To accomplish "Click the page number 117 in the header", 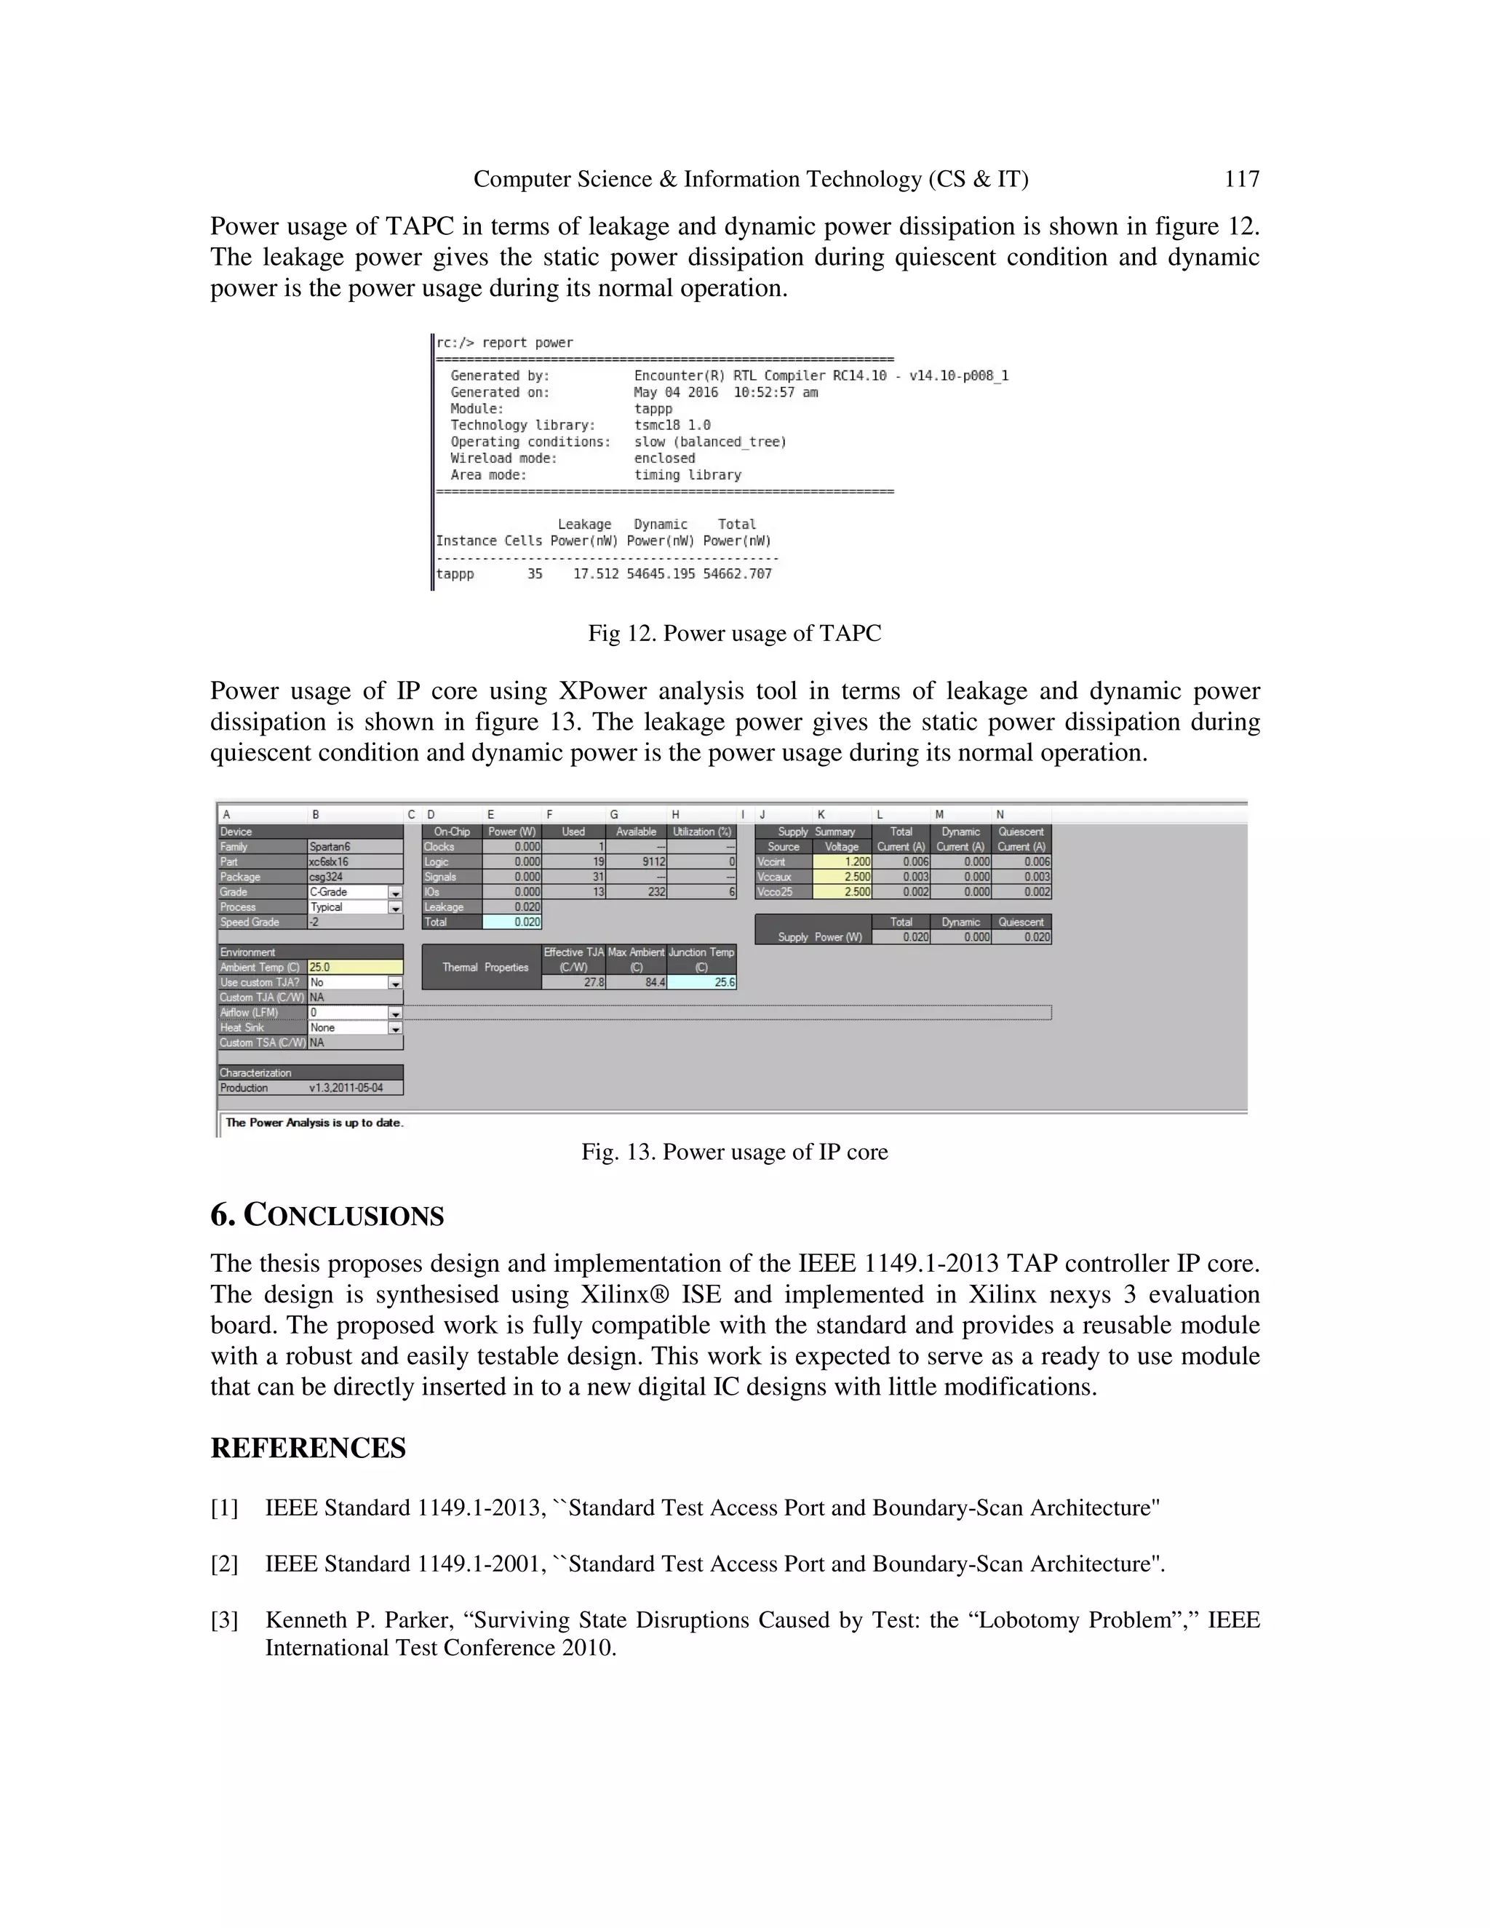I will click(x=1241, y=179).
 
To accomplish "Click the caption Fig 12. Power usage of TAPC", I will click(x=734, y=633).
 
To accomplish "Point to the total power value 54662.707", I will click(x=737, y=574).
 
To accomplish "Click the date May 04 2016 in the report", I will click(x=675, y=392).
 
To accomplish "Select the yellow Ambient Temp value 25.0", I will click(x=354, y=968).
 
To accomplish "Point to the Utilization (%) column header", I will click(x=703, y=832).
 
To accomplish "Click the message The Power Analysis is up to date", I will click(x=314, y=1123).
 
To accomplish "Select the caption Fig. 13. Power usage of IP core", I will click(x=734, y=1152).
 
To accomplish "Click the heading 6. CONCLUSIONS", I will click(x=327, y=1215).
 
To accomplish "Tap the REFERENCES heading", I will click(x=308, y=1449).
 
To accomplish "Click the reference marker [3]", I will click(x=224, y=1620).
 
